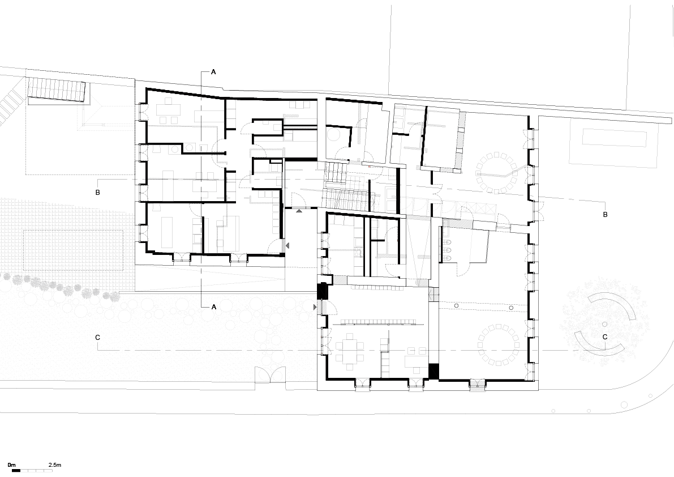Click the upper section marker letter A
click(x=214, y=72)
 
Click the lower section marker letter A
click(x=214, y=306)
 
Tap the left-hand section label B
click(x=97, y=192)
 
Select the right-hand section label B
click(x=605, y=214)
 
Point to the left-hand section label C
click(x=97, y=337)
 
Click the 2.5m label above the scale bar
click(x=55, y=465)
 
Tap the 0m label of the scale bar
click(x=12, y=465)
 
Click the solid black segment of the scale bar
click(x=16, y=471)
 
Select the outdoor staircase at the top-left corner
click(x=57, y=90)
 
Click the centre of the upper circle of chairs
click(x=499, y=172)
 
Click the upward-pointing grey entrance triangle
click(x=299, y=211)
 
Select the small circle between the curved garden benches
click(x=605, y=324)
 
